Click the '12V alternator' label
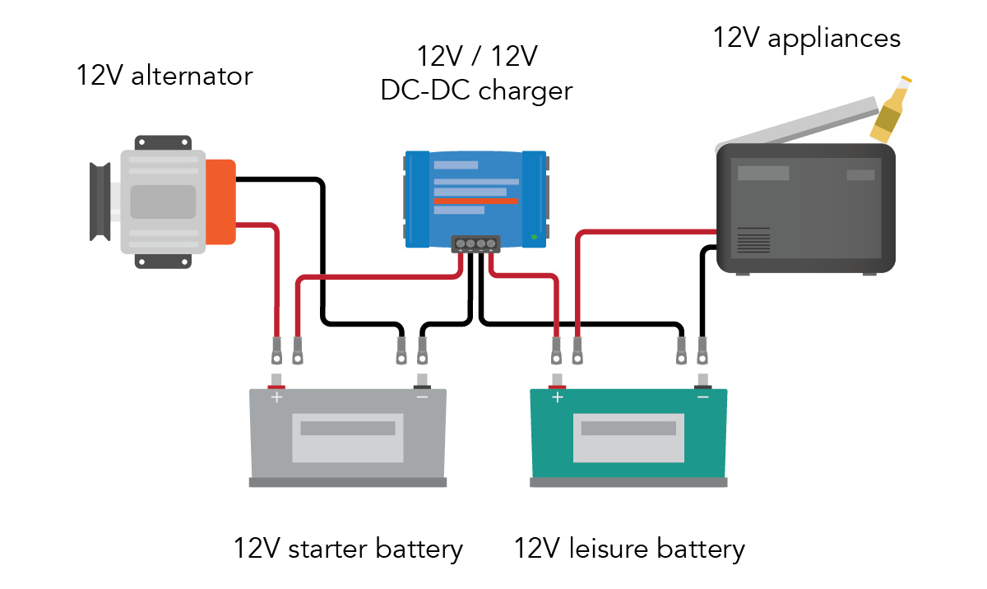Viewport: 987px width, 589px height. [164, 77]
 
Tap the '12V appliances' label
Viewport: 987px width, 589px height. [806, 38]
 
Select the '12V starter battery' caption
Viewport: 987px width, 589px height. [347, 549]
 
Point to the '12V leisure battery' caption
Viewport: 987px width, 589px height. [629, 549]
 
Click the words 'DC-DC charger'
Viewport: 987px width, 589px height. [476, 90]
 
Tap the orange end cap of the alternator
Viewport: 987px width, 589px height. [220, 202]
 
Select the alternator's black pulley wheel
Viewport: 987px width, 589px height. [100, 202]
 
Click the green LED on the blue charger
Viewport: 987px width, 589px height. [534, 237]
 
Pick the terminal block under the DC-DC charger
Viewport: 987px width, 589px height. [475, 243]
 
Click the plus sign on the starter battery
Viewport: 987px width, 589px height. [276, 397]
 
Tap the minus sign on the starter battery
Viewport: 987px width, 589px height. [422, 397]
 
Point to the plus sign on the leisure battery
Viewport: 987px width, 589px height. [558, 397]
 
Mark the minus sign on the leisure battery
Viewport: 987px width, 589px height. [703, 397]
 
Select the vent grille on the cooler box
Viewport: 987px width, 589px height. [753, 240]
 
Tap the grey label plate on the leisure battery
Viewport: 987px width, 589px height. [629, 436]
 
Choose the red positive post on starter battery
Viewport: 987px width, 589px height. [276, 383]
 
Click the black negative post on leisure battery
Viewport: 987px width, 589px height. [703, 383]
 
